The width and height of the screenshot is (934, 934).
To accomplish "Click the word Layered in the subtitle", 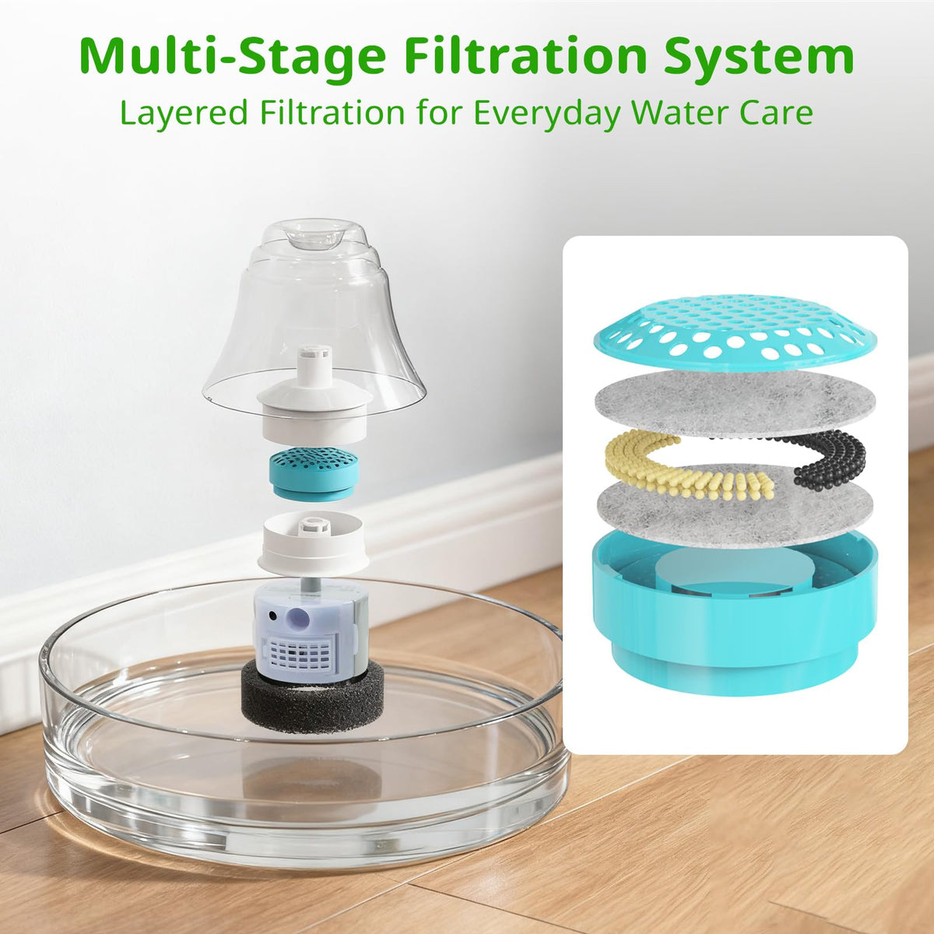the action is point(186,112).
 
